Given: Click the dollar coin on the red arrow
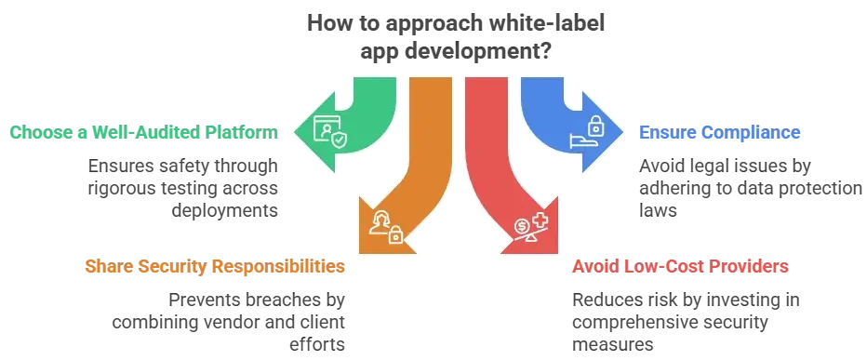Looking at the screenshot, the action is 523,224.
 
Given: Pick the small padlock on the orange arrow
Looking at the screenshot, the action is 395,236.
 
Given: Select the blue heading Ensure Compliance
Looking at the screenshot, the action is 721,133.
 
